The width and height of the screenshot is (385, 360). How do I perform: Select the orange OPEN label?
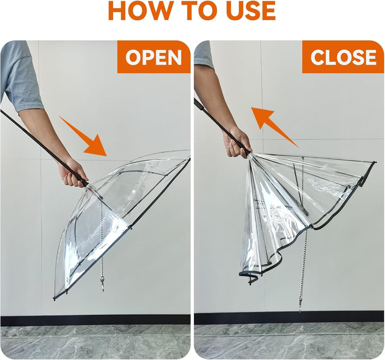tap(153, 58)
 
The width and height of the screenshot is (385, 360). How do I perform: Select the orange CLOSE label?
tap(343, 58)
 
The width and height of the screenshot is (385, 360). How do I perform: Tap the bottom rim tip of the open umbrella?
tap(55, 298)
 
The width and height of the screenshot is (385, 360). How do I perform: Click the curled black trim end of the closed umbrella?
tap(251, 279)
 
